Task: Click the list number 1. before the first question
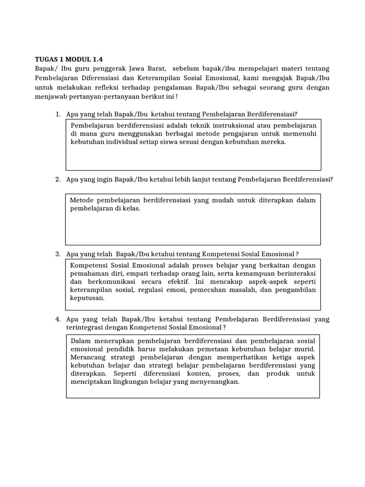(x=58, y=115)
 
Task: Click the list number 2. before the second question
(x=58, y=179)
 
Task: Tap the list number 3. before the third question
(x=58, y=254)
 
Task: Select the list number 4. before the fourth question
(x=58, y=319)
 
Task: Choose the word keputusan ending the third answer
(x=87, y=298)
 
